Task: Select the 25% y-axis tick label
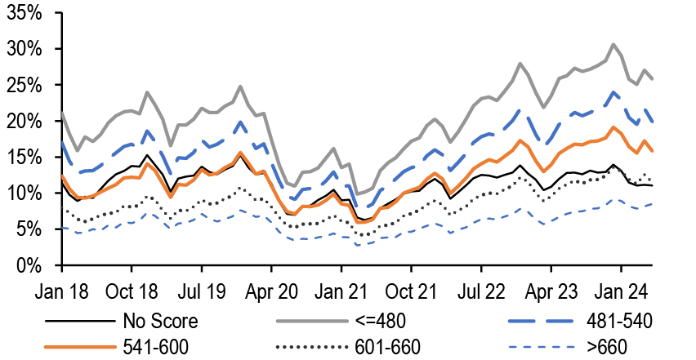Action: coord(29,86)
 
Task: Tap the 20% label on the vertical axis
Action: coord(29,122)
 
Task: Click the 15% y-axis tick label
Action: coord(29,158)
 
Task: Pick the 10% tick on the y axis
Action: coord(29,193)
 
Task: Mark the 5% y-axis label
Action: coord(33,229)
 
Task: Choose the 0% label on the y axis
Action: coord(33,265)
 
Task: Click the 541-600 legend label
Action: coord(155,347)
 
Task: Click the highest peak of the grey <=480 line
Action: coord(613,44)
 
